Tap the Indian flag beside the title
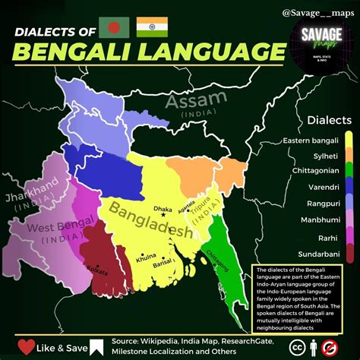point(152,28)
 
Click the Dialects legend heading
point(329,120)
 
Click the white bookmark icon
point(96,347)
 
